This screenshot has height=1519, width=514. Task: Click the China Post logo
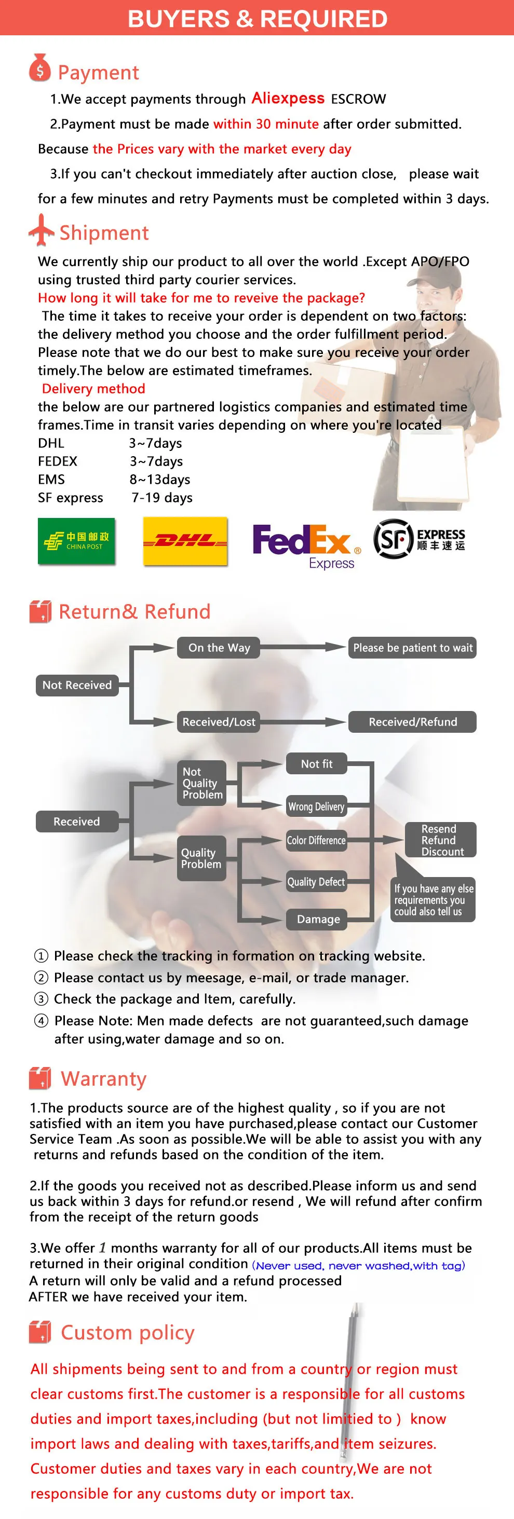[76, 541]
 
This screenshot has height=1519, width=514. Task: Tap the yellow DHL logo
[185, 541]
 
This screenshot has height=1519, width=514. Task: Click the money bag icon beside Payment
[39, 69]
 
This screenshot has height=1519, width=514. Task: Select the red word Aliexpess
[288, 98]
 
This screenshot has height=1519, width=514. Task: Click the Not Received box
[77, 685]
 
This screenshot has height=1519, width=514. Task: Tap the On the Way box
[219, 648]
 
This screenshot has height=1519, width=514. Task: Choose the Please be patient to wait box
[413, 648]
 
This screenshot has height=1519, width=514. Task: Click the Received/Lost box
[219, 722]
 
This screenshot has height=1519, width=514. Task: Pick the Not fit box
[316, 763]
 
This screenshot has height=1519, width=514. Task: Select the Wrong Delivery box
[316, 806]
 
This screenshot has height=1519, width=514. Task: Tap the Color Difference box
[316, 840]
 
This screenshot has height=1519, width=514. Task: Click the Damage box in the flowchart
[318, 919]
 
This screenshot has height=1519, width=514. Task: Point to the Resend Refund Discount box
[440, 840]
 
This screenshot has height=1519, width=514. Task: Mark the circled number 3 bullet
[40, 999]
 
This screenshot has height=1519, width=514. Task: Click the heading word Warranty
[104, 1079]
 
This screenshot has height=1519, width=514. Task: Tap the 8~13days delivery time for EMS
[160, 480]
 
